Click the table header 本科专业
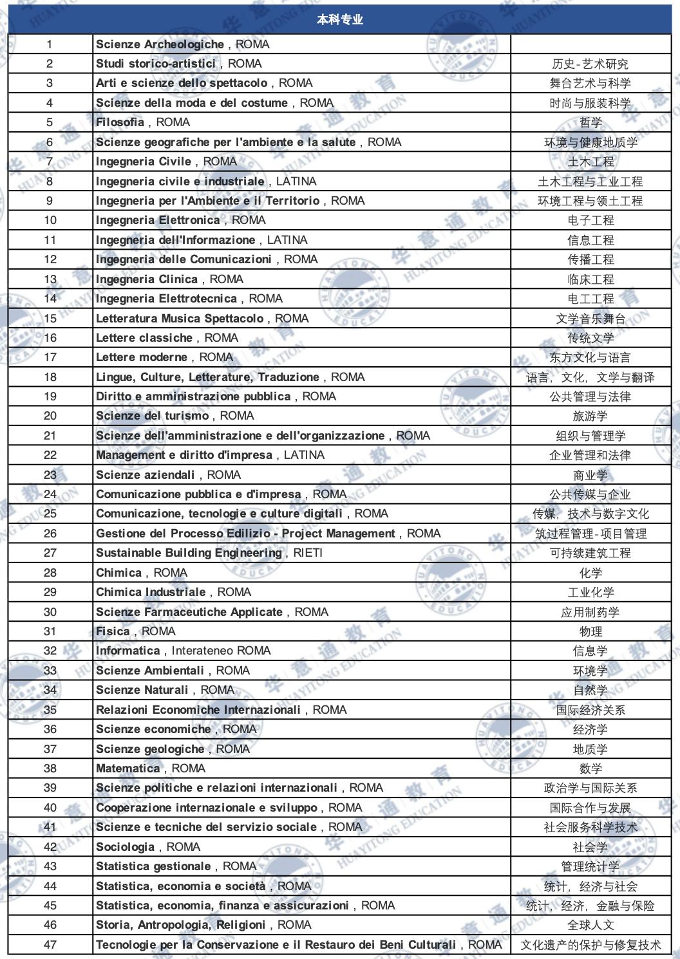pyautogui.click(x=339, y=20)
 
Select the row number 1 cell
pyautogui.click(x=50, y=44)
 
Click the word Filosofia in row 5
pyautogui.click(x=120, y=122)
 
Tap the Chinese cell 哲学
pyautogui.click(x=590, y=122)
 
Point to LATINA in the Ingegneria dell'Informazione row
pyautogui.click(x=287, y=240)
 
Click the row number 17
pyautogui.click(x=50, y=357)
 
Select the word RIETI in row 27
pyautogui.click(x=308, y=553)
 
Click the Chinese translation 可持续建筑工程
pyautogui.click(x=590, y=553)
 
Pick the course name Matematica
pyautogui.click(x=127, y=768)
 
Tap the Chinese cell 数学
pyautogui.click(x=590, y=768)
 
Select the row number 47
pyautogui.click(x=50, y=945)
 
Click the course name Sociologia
pyautogui.click(x=125, y=847)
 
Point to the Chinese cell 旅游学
pyautogui.click(x=590, y=416)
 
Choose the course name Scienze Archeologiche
pyautogui.click(x=160, y=44)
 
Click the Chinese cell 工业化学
pyautogui.click(x=590, y=592)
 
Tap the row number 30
pyautogui.click(x=50, y=612)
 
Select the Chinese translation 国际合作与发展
pyautogui.click(x=590, y=808)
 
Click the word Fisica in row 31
pyautogui.click(x=113, y=631)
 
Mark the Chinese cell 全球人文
pyautogui.click(x=590, y=925)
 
